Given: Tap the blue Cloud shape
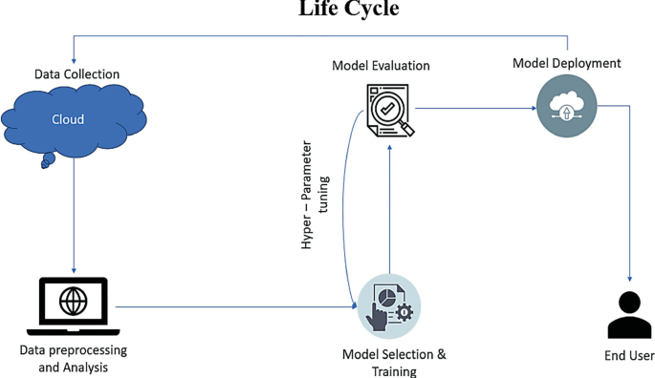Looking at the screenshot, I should [72, 121].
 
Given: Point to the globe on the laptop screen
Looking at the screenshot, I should [73, 301].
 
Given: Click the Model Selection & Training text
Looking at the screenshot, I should [394, 363].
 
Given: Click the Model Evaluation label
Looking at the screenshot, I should [381, 66].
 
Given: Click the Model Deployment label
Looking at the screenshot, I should [566, 64].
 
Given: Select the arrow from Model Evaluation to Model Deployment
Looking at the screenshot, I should [473, 108].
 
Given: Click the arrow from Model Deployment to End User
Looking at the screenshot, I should [628, 191].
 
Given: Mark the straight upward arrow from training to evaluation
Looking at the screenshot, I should [388, 210].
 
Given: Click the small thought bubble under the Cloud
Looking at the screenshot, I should [45, 163].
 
